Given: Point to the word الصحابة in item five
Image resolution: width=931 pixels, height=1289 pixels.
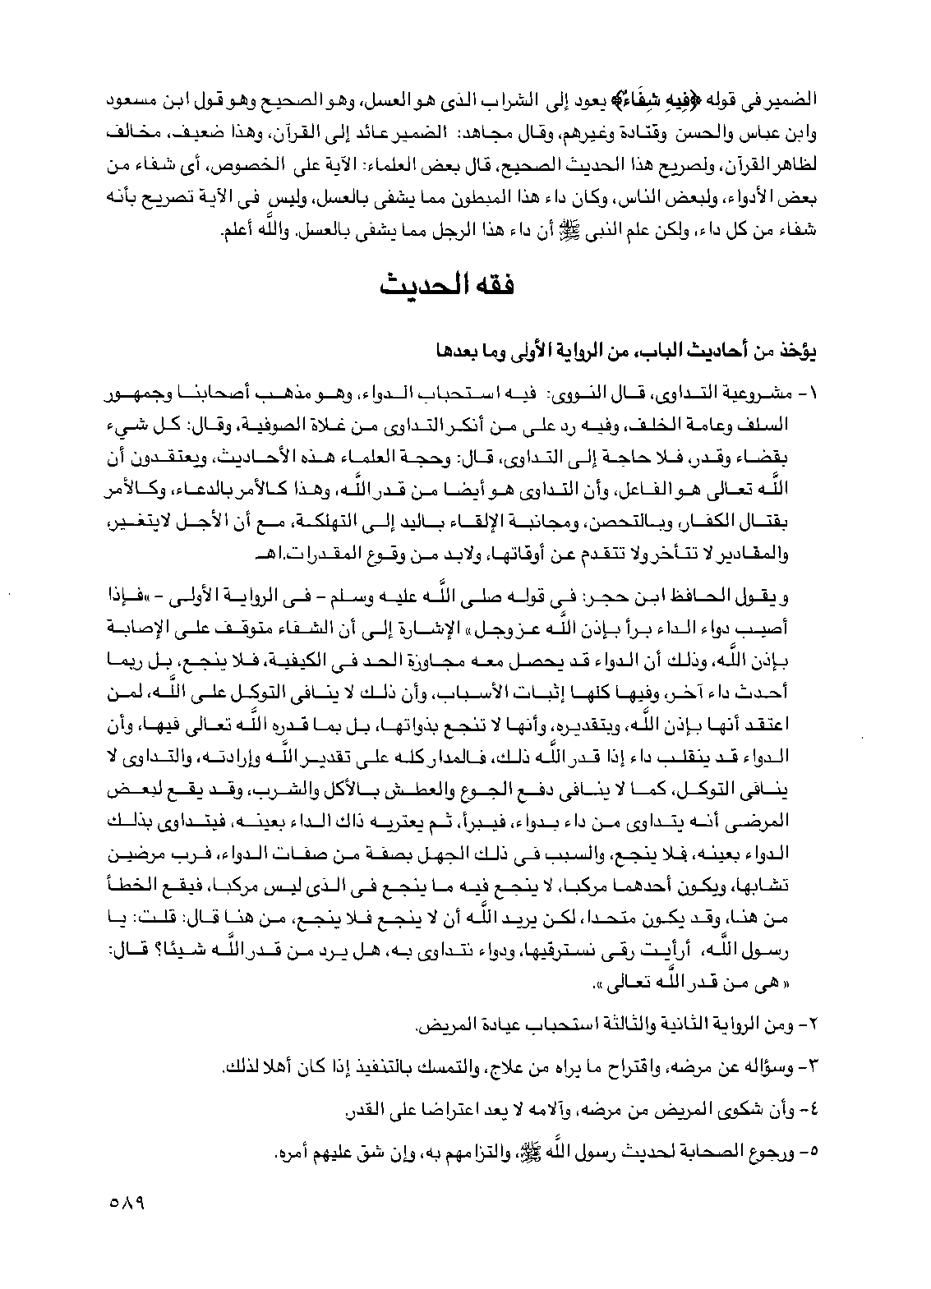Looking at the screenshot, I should (x=716, y=1153).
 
